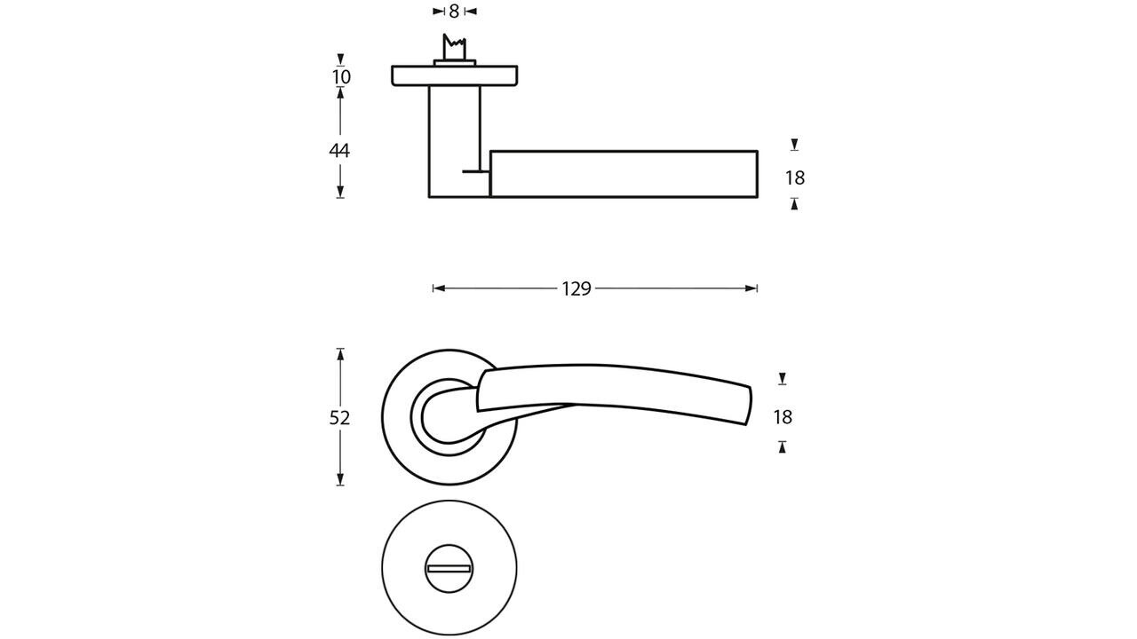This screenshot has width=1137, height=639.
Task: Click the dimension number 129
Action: click(576, 288)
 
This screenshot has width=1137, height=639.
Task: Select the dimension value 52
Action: click(340, 417)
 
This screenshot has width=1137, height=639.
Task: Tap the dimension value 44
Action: click(339, 150)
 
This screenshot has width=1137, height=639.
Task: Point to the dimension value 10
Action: click(341, 77)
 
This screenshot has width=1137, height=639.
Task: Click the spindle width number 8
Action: click(454, 12)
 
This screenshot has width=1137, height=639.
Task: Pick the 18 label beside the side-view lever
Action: click(794, 178)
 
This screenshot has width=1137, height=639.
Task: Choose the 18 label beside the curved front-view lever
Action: click(783, 417)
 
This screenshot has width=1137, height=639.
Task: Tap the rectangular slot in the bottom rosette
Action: click(449, 569)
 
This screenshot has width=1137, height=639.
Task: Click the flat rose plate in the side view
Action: click(455, 76)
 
